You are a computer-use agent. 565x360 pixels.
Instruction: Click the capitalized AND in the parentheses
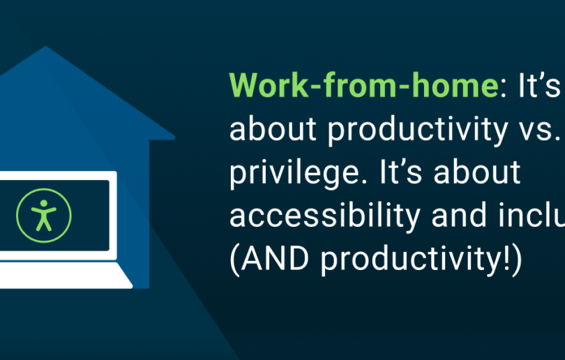(275, 260)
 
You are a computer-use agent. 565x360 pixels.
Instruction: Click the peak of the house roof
(46, 48)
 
